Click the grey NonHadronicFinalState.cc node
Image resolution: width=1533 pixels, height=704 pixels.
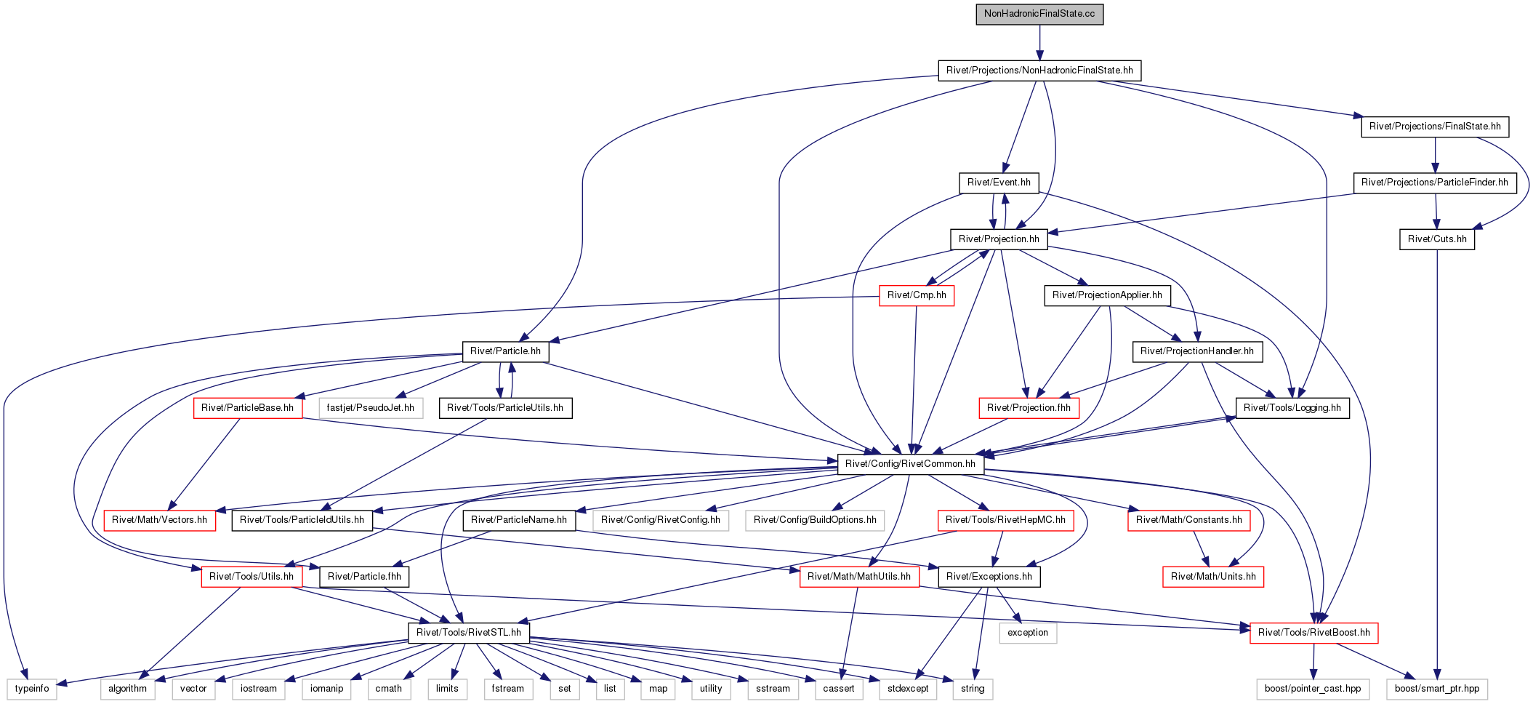(1039, 14)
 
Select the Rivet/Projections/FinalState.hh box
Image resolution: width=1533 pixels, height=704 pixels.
(1435, 127)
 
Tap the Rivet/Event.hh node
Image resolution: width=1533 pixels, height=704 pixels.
(999, 183)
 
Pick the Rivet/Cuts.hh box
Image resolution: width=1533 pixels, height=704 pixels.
(1437, 239)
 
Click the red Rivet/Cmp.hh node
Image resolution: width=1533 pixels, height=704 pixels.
(917, 295)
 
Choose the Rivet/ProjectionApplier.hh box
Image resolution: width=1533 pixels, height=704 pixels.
(1107, 295)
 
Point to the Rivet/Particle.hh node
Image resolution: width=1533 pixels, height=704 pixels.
(505, 351)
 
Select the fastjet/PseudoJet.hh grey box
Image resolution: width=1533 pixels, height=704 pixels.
(370, 408)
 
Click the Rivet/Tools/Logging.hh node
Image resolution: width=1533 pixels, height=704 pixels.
(1292, 408)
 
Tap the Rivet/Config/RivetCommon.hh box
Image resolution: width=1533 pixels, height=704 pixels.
(910, 464)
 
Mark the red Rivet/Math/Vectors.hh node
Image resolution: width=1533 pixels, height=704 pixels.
(159, 520)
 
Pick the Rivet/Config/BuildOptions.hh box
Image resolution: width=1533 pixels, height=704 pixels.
(815, 520)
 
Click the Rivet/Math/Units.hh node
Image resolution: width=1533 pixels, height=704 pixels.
(1213, 577)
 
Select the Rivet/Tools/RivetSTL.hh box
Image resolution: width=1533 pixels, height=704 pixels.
(469, 633)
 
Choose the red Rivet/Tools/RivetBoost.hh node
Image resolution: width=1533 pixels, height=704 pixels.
(1313, 633)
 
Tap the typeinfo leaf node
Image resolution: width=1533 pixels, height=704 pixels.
(32, 689)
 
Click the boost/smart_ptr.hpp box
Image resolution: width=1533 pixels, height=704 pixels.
(1437, 689)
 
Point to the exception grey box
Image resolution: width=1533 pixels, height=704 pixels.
(1028, 633)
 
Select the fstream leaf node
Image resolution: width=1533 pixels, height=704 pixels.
(507, 689)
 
